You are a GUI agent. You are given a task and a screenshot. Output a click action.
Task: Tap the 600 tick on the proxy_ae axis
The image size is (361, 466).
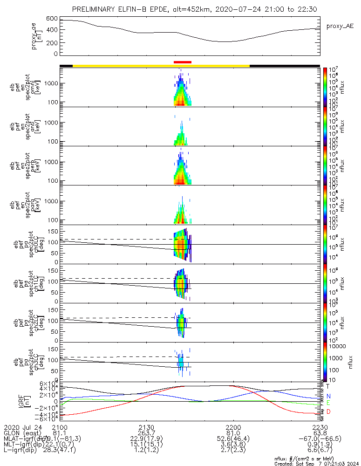click(x=52, y=19)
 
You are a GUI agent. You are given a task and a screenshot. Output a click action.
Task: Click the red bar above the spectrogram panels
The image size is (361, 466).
click(x=182, y=62)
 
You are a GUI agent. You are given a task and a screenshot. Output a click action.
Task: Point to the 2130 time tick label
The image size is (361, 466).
click(x=147, y=427)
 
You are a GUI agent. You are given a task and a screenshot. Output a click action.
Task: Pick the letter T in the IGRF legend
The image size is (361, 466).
click(x=328, y=386)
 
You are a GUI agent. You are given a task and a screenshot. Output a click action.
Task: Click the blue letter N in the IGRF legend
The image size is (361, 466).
click(x=328, y=396)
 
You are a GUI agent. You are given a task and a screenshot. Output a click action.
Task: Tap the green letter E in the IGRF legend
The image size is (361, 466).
click(x=328, y=403)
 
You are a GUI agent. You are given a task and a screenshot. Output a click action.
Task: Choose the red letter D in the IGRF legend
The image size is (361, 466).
click(x=328, y=411)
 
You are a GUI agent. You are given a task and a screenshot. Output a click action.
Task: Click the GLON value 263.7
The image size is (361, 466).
click(x=147, y=433)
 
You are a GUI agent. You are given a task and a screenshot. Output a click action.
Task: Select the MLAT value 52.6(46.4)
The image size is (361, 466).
click(x=233, y=439)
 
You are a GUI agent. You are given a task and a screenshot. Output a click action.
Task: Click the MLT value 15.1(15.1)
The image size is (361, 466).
click(x=147, y=444)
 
